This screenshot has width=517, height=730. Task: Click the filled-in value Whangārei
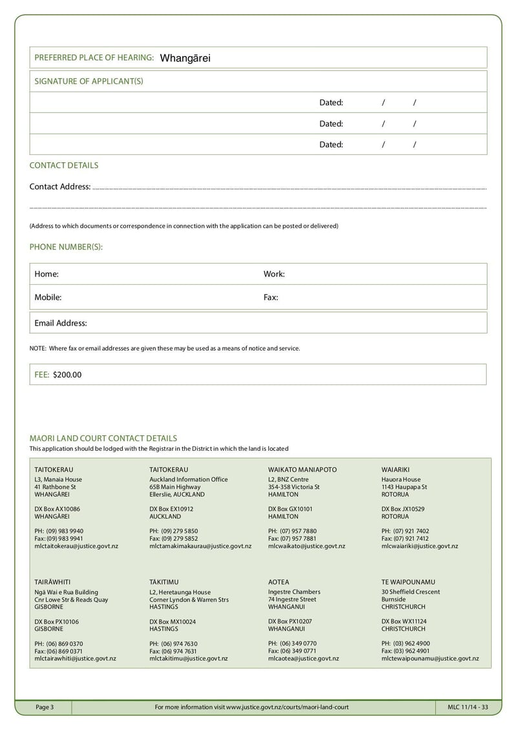[x=185, y=58]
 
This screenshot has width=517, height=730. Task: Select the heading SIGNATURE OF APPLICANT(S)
[x=89, y=81]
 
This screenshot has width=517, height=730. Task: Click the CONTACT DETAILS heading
[x=64, y=165]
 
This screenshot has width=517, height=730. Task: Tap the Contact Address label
[x=60, y=187]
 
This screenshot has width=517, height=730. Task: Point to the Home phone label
[x=47, y=274]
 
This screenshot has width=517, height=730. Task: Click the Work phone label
[x=274, y=274]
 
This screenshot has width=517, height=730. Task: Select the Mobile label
[x=48, y=298]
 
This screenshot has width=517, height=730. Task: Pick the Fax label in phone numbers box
[x=271, y=298]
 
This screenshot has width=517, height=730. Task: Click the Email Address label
[x=61, y=323]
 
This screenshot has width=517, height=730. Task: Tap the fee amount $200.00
[x=67, y=375]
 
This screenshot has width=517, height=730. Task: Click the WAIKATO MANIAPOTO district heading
[x=302, y=470]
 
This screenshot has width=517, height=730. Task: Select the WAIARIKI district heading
[x=396, y=470]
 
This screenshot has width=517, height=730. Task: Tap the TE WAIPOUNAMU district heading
[x=408, y=582]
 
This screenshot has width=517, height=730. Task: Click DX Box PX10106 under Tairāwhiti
[x=57, y=621]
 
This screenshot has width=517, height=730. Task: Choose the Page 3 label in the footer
[x=45, y=707]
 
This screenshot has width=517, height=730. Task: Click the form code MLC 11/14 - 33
[x=467, y=707]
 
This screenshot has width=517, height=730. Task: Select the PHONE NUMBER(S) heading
[x=66, y=247]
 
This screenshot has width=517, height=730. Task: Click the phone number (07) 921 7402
[x=412, y=531]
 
